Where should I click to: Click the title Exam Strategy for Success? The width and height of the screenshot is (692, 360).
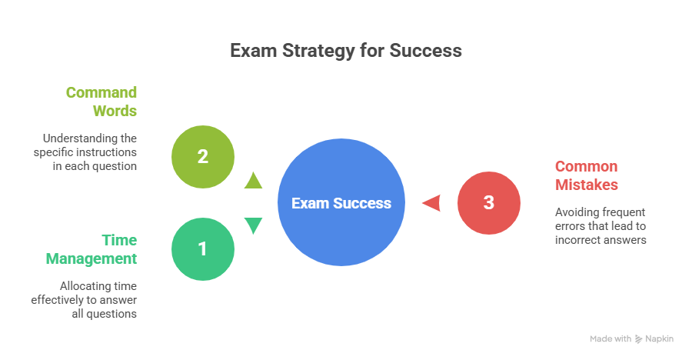(346, 51)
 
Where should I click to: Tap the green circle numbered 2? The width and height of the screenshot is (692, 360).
(202, 157)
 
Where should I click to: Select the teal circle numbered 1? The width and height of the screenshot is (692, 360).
(202, 249)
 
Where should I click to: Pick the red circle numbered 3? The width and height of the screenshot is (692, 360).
(489, 203)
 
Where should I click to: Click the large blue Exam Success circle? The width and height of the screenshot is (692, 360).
(341, 203)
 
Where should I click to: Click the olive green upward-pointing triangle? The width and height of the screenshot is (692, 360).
(253, 181)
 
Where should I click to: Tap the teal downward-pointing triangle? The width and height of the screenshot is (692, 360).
(253, 225)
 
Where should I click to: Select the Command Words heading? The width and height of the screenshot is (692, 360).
(101, 101)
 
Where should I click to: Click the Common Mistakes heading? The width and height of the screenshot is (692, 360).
(586, 175)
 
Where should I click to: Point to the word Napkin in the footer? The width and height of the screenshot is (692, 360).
(660, 338)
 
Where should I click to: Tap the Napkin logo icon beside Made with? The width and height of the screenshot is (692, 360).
(639, 338)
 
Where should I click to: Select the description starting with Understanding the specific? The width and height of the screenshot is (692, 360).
(85, 152)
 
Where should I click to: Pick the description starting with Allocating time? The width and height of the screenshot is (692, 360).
(84, 299)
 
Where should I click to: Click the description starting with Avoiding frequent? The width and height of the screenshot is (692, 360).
(601, 225)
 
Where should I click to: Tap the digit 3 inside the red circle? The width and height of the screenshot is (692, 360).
(489, 203)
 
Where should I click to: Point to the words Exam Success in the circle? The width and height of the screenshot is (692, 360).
(341, 203)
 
